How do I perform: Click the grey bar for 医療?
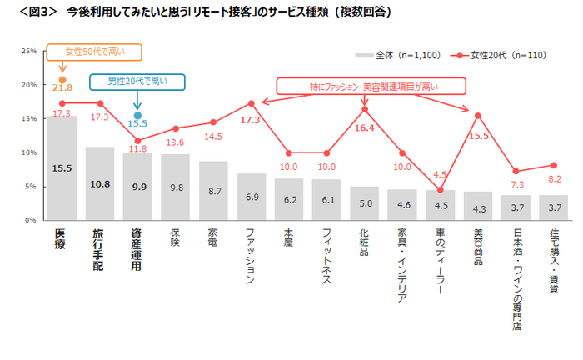[62, 167]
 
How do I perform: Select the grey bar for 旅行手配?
[100, 183]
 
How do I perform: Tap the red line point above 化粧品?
[365, 109]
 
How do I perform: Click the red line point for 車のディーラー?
[441, 189]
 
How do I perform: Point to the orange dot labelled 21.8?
[62, 80]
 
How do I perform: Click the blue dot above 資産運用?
[138, 116]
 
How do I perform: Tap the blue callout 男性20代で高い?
[137, 81]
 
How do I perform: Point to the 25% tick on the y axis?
[27, 51]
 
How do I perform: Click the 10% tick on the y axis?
[27, 152]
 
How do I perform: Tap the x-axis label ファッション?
[251, 257]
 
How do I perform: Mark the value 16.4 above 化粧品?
[366, 128]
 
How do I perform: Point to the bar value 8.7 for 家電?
[213, 191]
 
